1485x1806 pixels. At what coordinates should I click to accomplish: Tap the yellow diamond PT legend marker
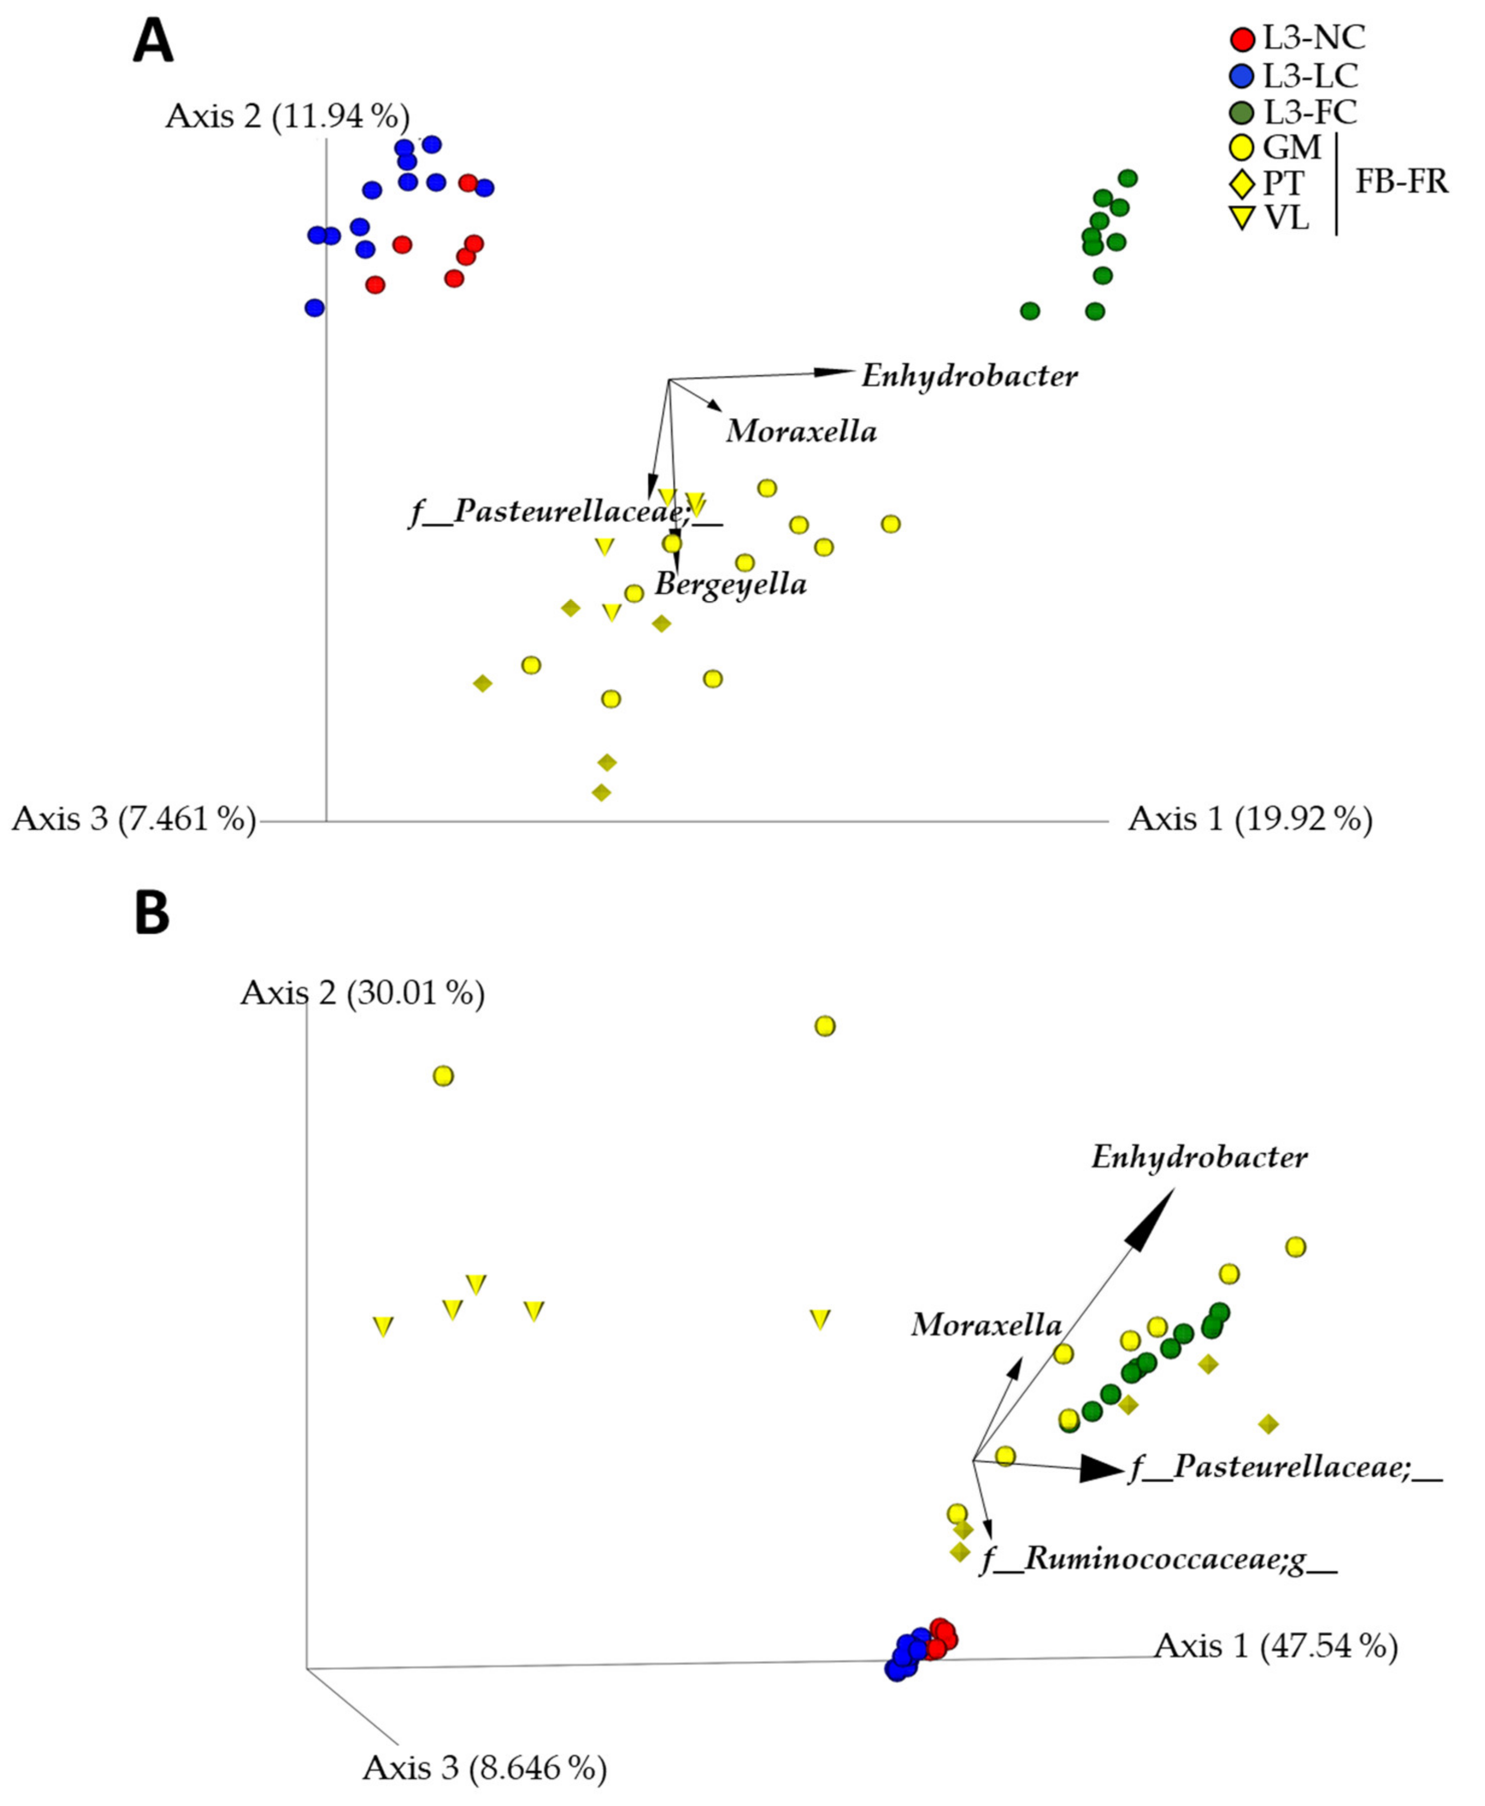point(1241,183)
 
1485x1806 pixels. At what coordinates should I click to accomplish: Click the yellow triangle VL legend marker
point(1241,219)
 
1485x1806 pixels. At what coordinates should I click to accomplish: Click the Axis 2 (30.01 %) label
point(363,993)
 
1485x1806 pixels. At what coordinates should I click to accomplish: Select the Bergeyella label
point(730,584)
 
